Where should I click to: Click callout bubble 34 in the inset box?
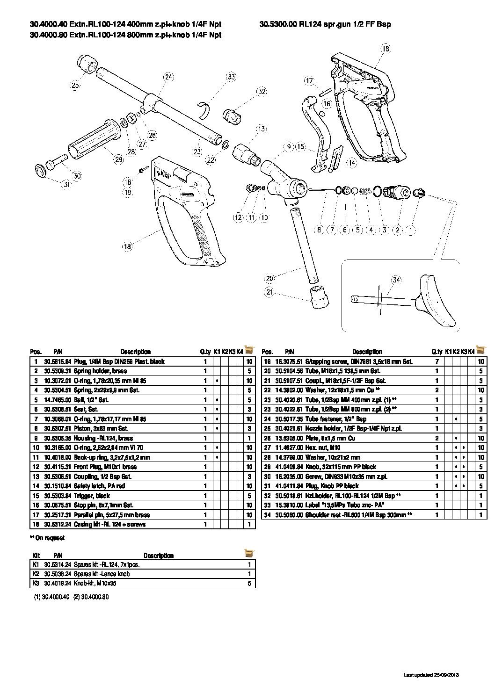[x=396, y=280]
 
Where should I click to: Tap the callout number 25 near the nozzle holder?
[x=75, y=85]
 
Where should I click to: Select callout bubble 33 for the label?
[x=231, y=77]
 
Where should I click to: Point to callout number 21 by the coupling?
[x=269, y=293]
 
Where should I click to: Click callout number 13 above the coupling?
[x=261, y=129]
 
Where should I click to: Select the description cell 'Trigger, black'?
[x=92, y=496]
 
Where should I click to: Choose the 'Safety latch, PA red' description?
[x=99, y=486]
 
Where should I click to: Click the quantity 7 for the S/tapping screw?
[x=437, y=361]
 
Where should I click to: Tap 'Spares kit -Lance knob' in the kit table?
[x=102, y=574]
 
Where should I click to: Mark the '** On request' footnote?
[x=47, y=538]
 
